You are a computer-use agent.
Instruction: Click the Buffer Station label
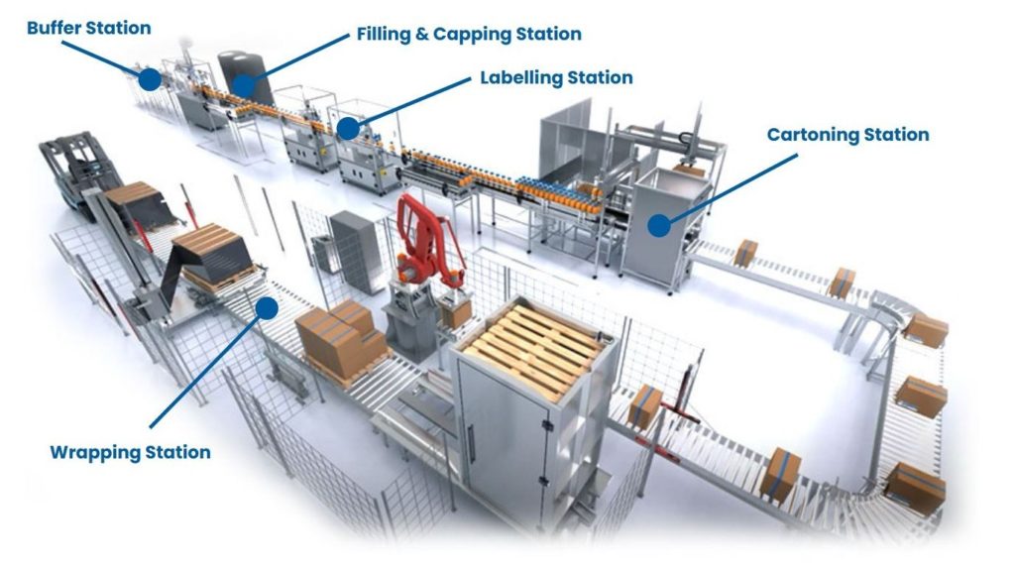tap(88, 28)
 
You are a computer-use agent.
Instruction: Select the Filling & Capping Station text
tap(469, 34)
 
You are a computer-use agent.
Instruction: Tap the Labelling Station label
tap(556, 77)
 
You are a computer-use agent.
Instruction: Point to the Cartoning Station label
tap(847, 135)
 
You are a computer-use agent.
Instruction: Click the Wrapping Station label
tap(130, 453)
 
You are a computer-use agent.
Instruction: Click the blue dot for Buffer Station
tap(150, 79)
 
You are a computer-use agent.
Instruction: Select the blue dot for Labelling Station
tap(347, 128)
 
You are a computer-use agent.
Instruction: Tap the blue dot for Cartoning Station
tap(659, 225)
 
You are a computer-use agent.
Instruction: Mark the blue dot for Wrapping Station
tap(266, 307)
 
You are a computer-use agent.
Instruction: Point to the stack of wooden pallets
tap(531, 341)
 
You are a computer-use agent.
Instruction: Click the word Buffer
tap(55, 28)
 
